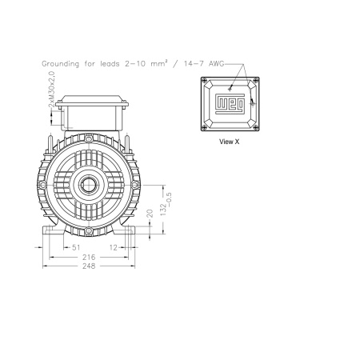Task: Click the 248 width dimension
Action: point(89,266)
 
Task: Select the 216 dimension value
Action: point(89,257)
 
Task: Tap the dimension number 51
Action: point(76,247)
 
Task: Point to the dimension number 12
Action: point(114,248)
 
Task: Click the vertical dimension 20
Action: point(150,214)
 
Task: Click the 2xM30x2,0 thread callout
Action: point(52,89)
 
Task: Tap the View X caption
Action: point(229,142)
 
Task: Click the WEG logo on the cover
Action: point(230,104)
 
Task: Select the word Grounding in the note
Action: point(61,64)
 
